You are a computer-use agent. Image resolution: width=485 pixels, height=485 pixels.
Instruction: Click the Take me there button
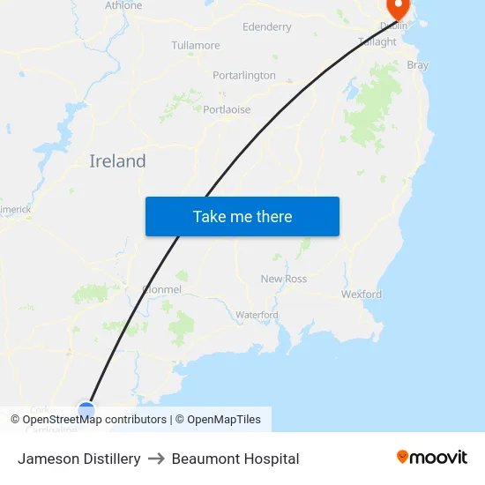[x=242, y=217]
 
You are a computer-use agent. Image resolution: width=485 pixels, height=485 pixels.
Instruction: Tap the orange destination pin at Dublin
[x=399, y=9]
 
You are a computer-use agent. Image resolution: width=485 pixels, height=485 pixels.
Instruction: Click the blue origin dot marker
[x=86, y=409]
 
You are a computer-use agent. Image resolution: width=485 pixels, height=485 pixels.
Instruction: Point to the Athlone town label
[x=123, y=5]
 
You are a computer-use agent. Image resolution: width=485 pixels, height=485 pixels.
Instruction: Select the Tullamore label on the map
[x=196, y=45]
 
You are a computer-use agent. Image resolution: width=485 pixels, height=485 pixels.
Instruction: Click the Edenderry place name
[x=266, y=27]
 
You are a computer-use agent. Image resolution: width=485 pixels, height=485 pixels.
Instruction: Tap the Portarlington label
[x=244, y=76]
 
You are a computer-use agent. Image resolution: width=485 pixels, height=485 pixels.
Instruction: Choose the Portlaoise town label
[x=227, y=110]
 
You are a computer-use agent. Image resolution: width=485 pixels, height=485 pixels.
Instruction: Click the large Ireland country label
[x=117, y=161]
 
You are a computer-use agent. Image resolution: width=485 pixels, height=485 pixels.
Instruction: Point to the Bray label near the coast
[x=417, y=65]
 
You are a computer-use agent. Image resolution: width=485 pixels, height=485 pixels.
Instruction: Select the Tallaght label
[x=377, y=41]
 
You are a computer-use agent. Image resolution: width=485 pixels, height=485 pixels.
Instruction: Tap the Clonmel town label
[x=161, y=289]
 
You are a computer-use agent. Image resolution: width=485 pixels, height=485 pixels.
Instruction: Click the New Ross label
[x=284, y=279]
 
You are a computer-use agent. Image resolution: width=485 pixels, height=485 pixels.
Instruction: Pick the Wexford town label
[x=362, y=294]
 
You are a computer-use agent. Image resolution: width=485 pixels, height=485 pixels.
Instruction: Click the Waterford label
[x=257, y=315]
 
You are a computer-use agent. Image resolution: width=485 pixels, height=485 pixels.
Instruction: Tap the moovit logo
[x=432, y=458]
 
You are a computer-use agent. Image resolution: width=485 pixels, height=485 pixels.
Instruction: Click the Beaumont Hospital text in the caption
[x=235, y=459]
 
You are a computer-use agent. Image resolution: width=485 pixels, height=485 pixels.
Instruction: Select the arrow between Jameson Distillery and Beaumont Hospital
[x=156, y=459]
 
